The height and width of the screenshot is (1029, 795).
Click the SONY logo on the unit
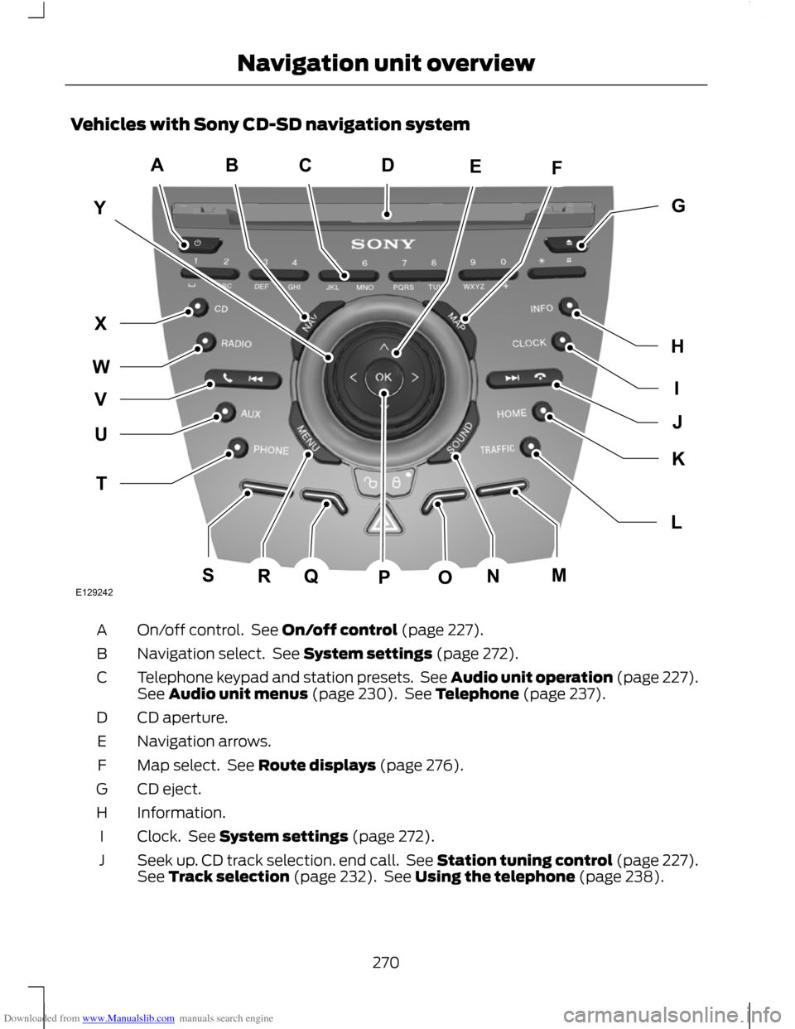pyautogui.click(x=383, y=244)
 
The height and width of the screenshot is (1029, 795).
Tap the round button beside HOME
pyautogui.click(x=542, y=410)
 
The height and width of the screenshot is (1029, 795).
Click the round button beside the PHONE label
pyautogui.click(x=237, y=447)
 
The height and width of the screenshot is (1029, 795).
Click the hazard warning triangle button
pyautogui.click(x=383, y=522)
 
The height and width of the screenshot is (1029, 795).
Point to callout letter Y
pyautogui.click(x=99, y=209)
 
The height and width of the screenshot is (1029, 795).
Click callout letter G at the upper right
pyautogui.click(x=677, y=205)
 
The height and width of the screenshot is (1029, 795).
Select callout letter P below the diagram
pyautogui.click(x=383, y=578)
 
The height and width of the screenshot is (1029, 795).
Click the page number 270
pyautogui.click(x=385, y=962)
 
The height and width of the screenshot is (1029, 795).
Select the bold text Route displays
pyautogui.click(x=317, y=765)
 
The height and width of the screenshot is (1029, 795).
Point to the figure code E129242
pyautogui.click(x=96, y=593)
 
